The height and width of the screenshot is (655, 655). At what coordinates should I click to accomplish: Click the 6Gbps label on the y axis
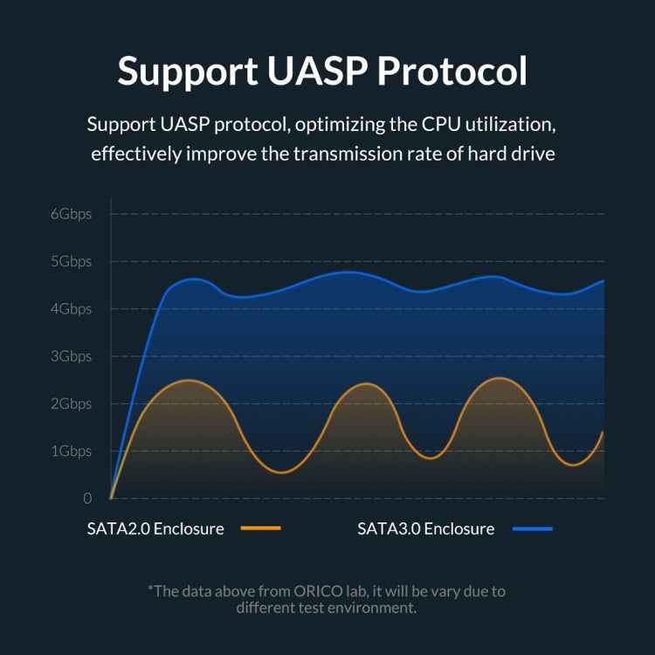click(x=71, y=214)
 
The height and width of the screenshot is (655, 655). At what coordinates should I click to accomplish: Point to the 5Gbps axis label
click(x=71, y=261)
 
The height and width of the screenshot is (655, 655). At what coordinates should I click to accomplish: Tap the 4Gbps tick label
click(x=71, y=308)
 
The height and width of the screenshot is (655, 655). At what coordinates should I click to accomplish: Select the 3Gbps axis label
click(x=71, y=356)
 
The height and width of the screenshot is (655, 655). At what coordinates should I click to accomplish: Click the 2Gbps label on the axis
click(x=71, y=403)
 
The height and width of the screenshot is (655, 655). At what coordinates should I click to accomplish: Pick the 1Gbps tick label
click(x=71, y=451)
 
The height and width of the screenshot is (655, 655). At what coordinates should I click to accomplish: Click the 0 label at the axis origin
click(x=87, y=499)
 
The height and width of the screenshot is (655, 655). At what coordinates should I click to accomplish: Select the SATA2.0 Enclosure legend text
click(x=155, y=528)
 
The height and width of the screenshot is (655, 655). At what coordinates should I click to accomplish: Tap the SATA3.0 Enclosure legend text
click(x=425, y=528)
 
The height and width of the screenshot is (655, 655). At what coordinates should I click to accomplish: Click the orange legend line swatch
click(x=260, y=528)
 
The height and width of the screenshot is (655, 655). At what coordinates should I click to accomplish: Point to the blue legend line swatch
click(x=532, y=528)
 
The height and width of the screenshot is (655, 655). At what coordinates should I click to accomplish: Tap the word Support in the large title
click(x=181, y=71)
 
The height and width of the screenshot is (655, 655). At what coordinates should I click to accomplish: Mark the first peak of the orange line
click(x=188, y=380)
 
